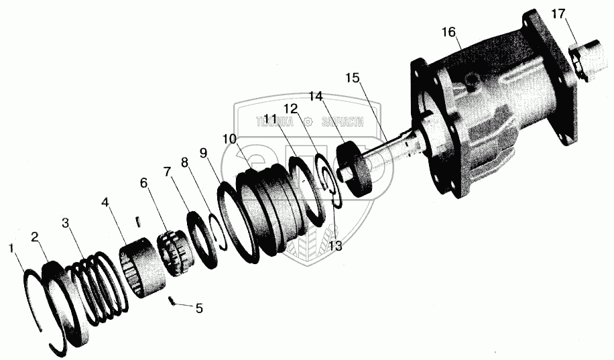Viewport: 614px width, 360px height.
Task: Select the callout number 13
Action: (335, 246)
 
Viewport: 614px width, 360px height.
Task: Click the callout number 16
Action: (448, 32)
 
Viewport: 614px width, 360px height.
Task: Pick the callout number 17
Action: (559, 13)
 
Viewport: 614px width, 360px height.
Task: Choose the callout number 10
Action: (229, 139)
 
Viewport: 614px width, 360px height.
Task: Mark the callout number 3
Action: (65, 222)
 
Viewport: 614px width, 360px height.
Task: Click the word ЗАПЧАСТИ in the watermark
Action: (343, 121)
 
